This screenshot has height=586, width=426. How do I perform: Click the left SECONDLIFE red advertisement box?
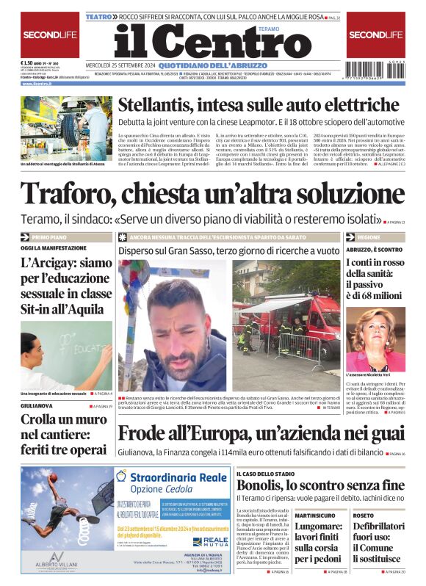pyautogui.click(x=50, y=35)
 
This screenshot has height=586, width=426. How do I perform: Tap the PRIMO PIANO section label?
pyautogui.click(x=50, y=238)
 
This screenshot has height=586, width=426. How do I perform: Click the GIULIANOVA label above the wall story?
pyautogui.click(x=37, y=405)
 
